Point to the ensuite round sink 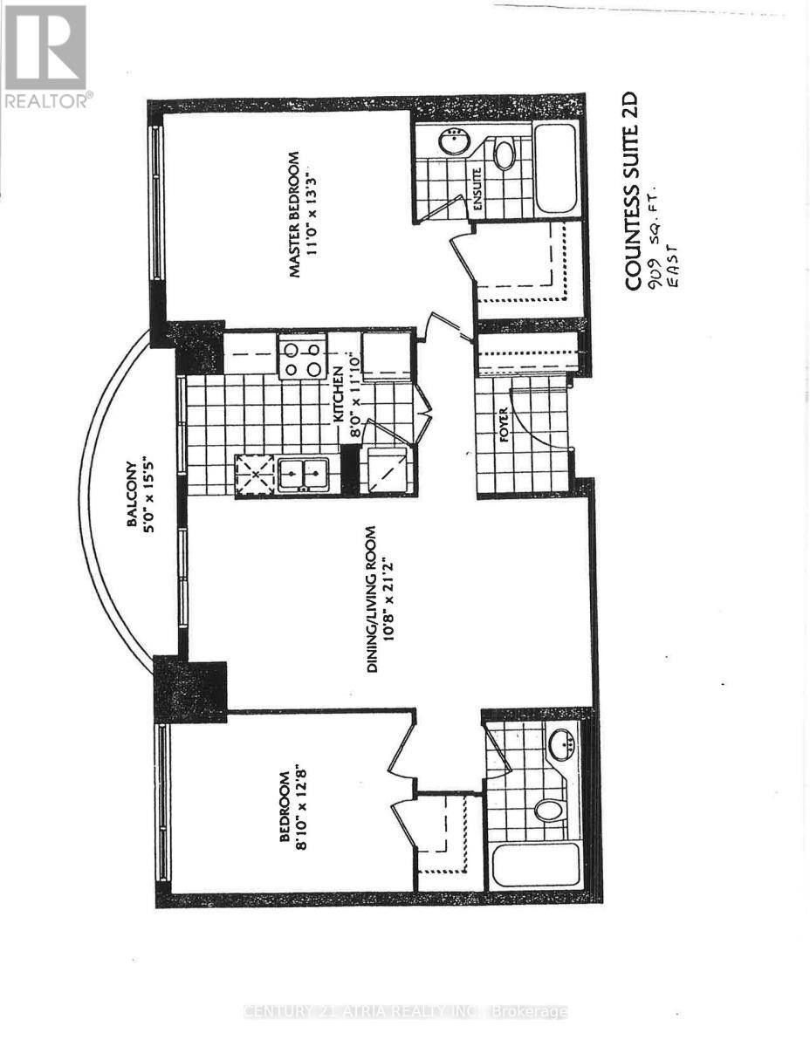[455, 142]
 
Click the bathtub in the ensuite [555, 168]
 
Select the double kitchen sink [299, 475]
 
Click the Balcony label [131, 494]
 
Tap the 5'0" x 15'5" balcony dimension [153, 494]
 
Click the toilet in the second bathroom [548, 811]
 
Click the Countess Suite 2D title [635, 191]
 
